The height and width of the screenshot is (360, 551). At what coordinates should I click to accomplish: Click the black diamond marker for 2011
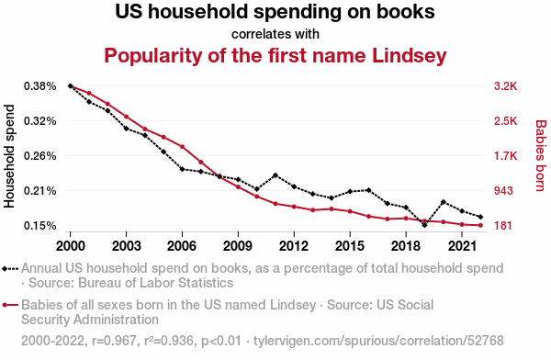[275, 175]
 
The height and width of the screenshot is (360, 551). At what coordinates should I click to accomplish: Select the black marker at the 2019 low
[424, 225]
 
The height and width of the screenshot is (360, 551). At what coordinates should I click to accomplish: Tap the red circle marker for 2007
[201, 162]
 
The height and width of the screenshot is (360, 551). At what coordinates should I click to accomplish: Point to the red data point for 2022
[480, 225]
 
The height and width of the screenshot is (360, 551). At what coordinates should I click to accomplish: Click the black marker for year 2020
[444, 202]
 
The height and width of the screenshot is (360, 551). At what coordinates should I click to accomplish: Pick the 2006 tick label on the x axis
[182, 246]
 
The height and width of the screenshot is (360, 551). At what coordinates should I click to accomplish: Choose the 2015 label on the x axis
[350, 246]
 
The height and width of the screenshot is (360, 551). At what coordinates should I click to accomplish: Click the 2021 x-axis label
[462, 246]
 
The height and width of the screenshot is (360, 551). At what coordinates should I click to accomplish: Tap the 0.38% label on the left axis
[40, 86]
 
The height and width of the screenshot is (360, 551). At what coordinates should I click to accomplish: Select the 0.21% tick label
[40, 191]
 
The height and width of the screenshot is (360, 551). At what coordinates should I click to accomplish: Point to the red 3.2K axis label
[506, 86]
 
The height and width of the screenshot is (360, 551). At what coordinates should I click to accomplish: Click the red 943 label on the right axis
[503, 191]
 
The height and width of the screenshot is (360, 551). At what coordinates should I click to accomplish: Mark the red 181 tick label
[503, 226]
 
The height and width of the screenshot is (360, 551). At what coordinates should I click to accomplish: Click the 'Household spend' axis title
[9, 156]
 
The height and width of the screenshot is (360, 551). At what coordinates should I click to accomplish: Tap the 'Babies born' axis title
[541, 156]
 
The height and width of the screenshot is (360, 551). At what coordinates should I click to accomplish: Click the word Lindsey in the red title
[410, 56]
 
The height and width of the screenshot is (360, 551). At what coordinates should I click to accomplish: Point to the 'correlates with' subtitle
[275, 34]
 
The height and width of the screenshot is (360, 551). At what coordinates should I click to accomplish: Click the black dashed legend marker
[10, 269]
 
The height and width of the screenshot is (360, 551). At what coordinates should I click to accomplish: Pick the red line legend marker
[10, 305]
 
